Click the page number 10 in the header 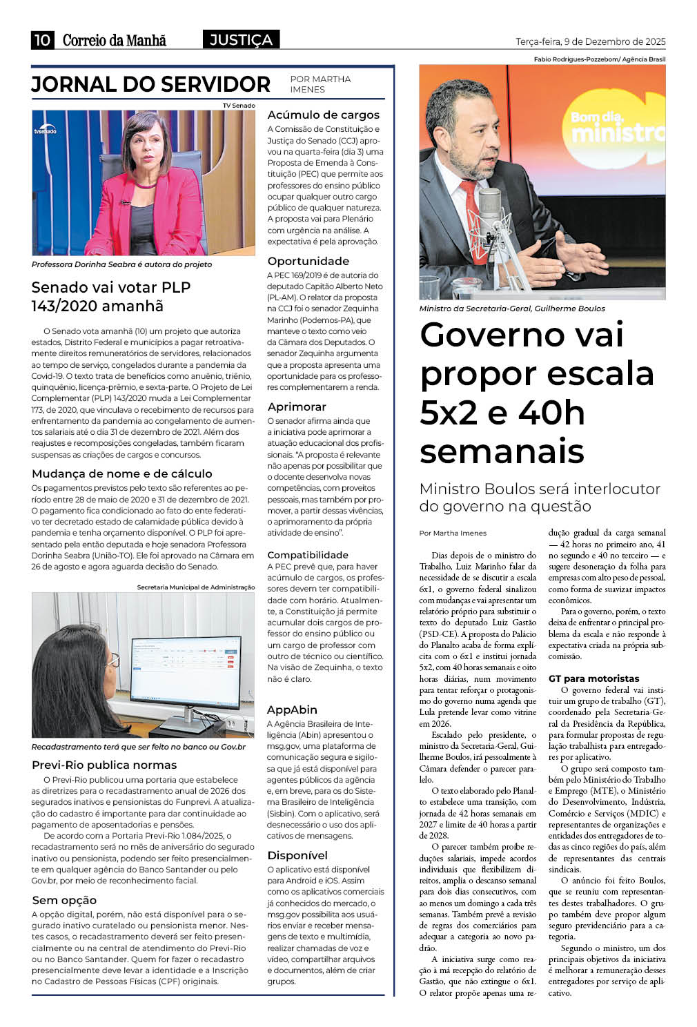coord(42,40)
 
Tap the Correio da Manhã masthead coord(115,40)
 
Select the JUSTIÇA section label coord(241,40)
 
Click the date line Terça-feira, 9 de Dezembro coord(590,41)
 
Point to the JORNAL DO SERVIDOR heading coord(150,84)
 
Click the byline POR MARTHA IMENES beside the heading coord(320,84)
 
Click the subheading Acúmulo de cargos coord(323,115)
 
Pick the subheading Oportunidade coord(308,261)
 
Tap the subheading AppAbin coord(292,710)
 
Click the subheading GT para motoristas coord(593,678)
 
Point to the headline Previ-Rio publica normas coord(104,765)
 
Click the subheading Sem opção coord(64,900)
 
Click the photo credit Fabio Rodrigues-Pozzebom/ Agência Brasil coord(599,59)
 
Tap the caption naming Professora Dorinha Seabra coord(121,264)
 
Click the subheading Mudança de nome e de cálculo coord(121,473)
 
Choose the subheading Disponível coord(297,855)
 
